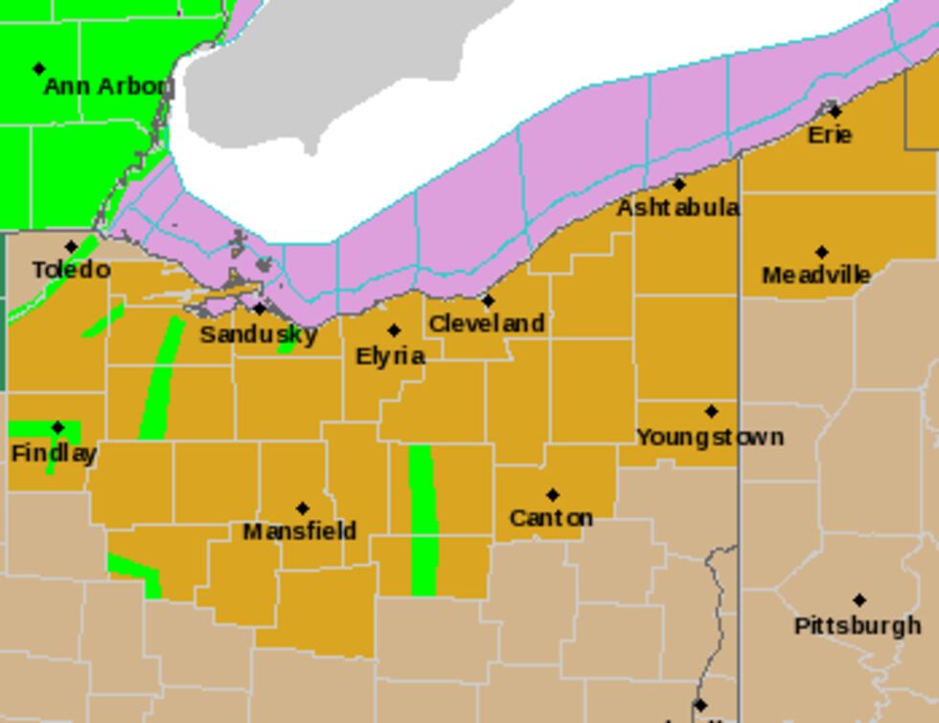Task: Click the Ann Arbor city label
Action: click(x=107, y=87)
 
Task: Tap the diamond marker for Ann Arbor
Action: click(x=39, y=69)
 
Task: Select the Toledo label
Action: click(x=72, y=270)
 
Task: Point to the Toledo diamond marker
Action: click(x=71, y=247)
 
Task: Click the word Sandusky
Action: click(x=259, y=334)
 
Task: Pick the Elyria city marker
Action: click(x=394, y=330)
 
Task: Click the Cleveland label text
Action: click(x=487, y=324)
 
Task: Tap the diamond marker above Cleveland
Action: click(x=488, y=301)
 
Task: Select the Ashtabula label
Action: click(x=677, y=208)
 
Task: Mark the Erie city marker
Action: click(x=836, y=111)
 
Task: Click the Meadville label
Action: click(x=816, y=276)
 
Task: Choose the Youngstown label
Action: click(x=710, y=437)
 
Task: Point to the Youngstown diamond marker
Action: click(x=711, y=412)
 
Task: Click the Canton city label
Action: click(x=551, y=518)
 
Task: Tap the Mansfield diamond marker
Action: click(x=303, y=508)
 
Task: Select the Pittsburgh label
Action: click(x=858, y=625)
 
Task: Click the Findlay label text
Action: click(x=54, y=453)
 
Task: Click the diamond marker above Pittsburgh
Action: click(x=859, y=600)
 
